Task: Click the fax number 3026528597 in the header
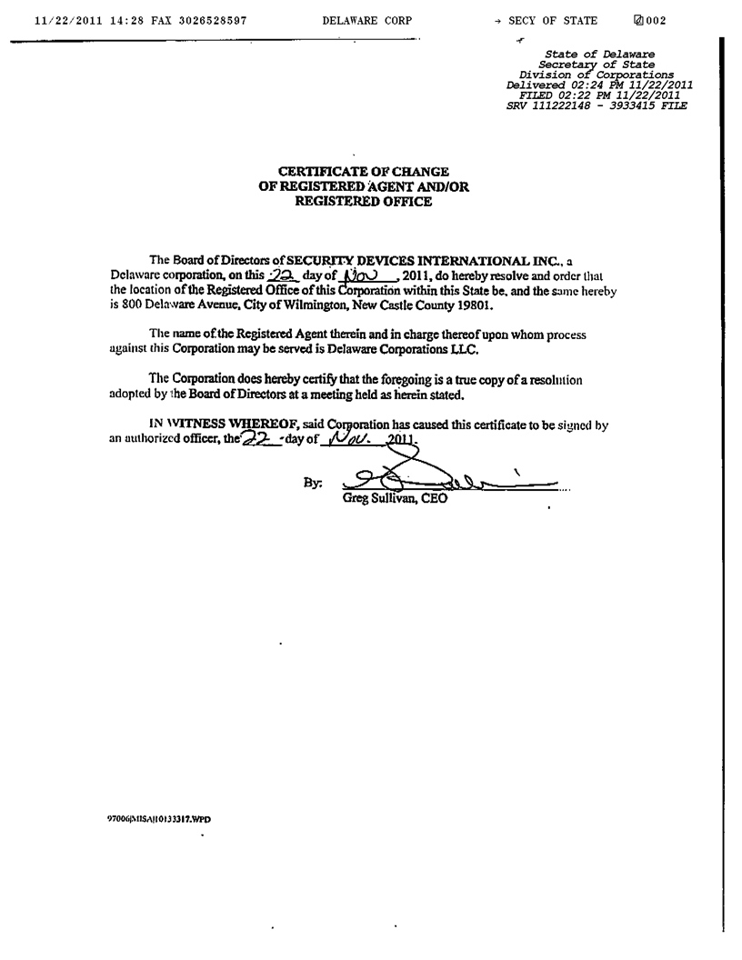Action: click(208, 21)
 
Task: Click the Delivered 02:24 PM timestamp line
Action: click(599, 85)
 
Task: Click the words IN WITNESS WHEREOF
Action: click(212, 424)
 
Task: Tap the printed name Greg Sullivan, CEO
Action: click(395, 499)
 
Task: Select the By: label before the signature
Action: click(312, 484)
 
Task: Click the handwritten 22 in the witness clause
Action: click(257, 439)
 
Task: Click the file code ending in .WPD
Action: click(160, 818)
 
